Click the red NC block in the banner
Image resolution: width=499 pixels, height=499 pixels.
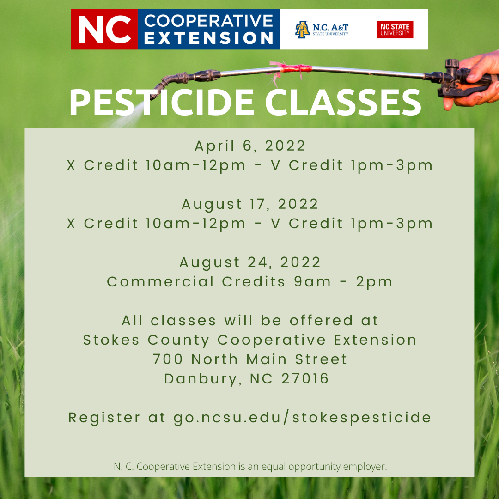point(104,29)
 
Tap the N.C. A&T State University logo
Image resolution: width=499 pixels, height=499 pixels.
point(322,30)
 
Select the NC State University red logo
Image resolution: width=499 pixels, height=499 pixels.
point(395,30)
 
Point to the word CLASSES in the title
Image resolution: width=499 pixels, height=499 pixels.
point(343,102)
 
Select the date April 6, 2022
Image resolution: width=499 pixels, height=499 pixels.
point(250,146)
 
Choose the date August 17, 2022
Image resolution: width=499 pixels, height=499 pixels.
point(250,204)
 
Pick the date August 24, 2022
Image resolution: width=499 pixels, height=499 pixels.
point(250,262)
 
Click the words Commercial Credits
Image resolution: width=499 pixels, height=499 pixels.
point(196,282)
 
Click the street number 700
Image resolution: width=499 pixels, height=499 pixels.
point(168,359)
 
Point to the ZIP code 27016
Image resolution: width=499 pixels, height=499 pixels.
point(305,378)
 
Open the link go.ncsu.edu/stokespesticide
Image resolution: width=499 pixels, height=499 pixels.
point(302,418)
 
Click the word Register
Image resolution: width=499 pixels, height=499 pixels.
point(104,418)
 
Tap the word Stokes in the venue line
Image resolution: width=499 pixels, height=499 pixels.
point(111,340)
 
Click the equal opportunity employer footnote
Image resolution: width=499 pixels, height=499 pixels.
point(250,467)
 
